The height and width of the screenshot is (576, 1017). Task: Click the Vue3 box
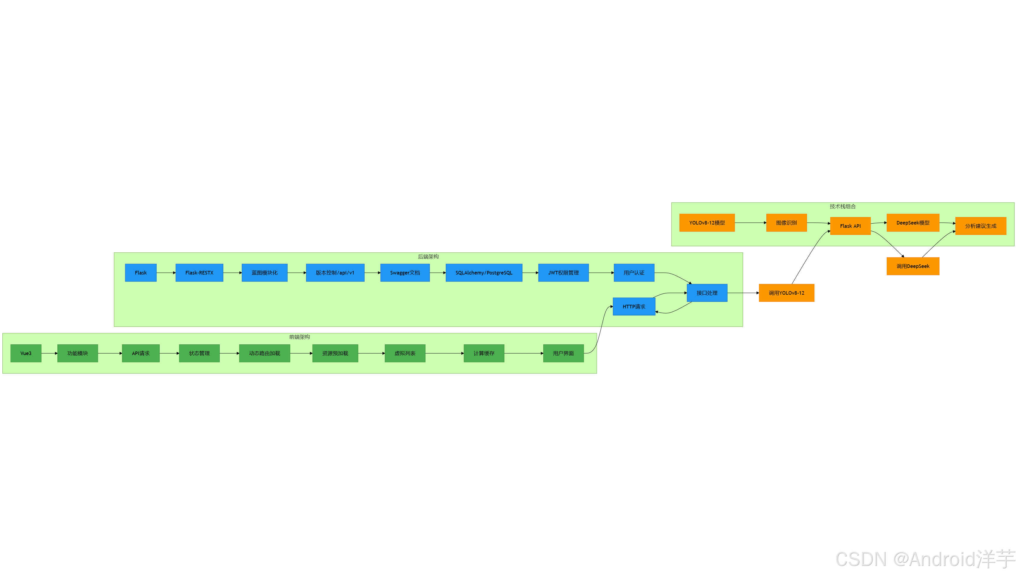tap(26, 353)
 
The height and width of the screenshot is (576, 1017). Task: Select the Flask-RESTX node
tap(199, 273)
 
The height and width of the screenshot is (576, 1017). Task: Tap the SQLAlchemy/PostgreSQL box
tap(484, 273)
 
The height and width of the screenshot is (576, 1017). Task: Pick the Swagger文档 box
tap(405, 273)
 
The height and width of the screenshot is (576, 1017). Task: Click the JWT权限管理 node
tap(563, 273)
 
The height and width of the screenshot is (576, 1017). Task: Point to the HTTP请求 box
tap(633, 307)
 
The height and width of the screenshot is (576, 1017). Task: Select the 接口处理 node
tap(707, 293)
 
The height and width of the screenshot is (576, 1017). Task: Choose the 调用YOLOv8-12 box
tap(786, 293)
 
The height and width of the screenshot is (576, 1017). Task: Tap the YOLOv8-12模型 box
tap(707, 223)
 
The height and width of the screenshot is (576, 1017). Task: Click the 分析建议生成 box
tap(980, 226)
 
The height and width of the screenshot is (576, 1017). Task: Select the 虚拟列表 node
tap(405, 353)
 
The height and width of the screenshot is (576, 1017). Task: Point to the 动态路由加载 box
tap(264, 353)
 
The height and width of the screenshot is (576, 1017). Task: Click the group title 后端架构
tap(428, 257)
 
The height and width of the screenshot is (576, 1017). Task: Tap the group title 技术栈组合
tap(842, 206)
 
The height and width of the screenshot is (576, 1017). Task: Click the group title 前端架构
tap(299, 337)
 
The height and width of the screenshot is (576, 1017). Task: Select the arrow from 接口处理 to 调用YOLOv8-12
tap(743, 293)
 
